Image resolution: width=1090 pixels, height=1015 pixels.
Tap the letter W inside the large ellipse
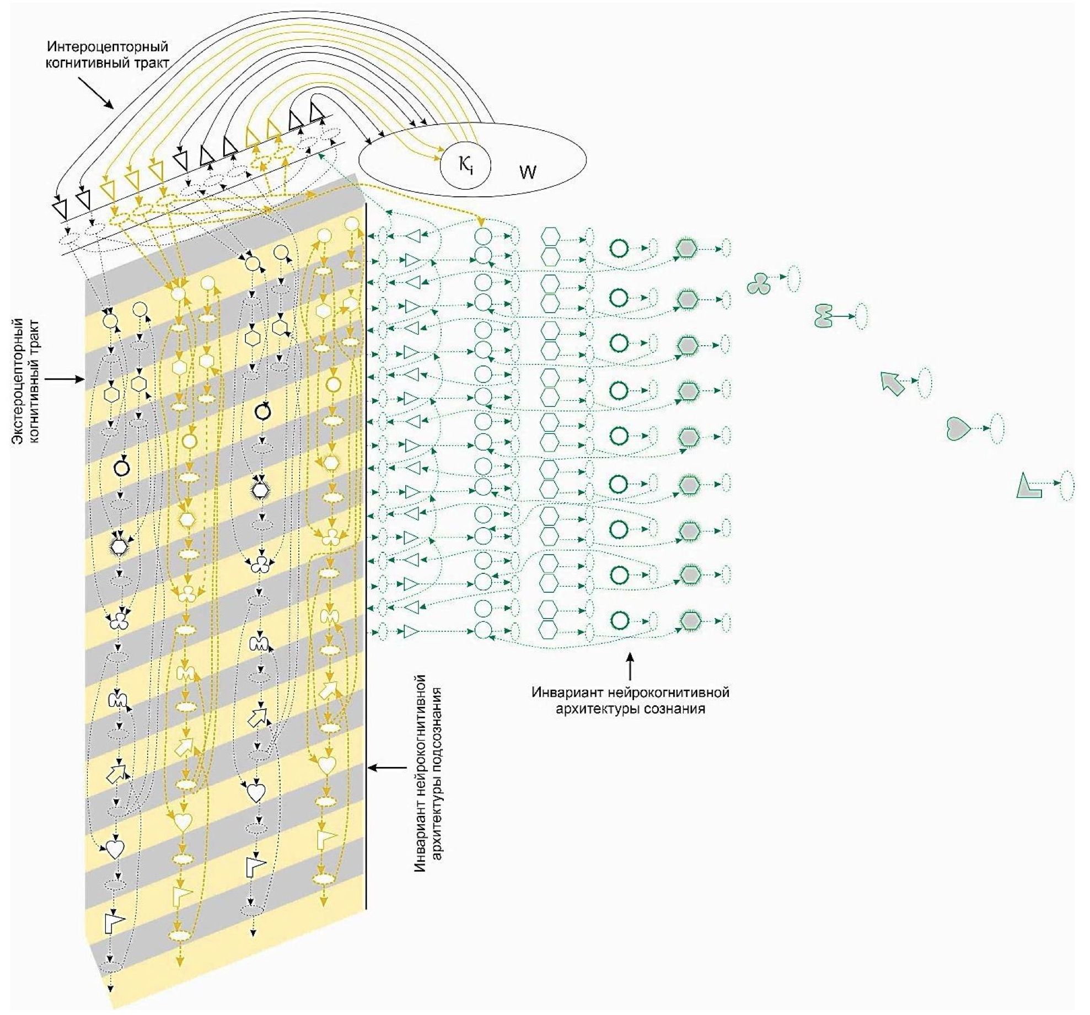point(528,173)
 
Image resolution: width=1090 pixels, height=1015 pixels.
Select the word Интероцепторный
point(107,47)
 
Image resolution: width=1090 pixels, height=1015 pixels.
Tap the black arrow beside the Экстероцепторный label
point(65,379)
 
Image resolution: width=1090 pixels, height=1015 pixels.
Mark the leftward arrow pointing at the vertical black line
point(386,767)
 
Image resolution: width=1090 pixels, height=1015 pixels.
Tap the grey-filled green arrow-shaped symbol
point(892,384)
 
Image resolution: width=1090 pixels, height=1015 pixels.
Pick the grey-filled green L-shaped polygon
point(1028,486)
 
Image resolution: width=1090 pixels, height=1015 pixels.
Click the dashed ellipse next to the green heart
point(997,428)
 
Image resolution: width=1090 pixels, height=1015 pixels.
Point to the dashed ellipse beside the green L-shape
point(1067,485)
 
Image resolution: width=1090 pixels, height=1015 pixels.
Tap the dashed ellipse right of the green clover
point(793,278)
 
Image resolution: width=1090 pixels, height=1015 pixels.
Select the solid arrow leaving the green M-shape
point(844,316)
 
